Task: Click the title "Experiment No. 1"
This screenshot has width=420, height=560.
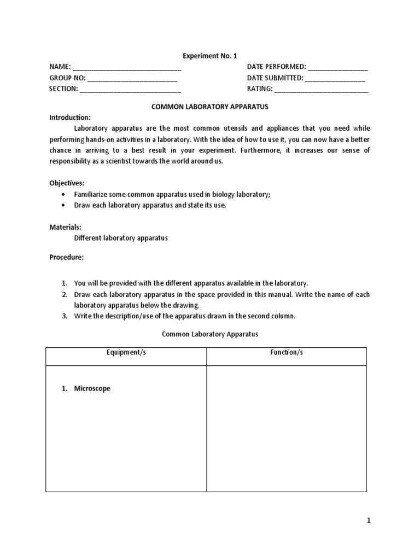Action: tap(209, 55)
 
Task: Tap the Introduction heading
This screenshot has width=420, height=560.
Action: tap(70, 117)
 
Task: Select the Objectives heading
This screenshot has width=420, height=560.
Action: tap(67, 183)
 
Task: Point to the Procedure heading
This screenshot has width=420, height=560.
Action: tap(66, 257)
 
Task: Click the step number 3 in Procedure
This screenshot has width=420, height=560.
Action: tap(63, 316)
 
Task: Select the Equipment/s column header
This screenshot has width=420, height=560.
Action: tap(126, 353)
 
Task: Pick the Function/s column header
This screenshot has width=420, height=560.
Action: tap(286, 353)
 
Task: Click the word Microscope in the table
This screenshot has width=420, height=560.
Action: tap(92, 389)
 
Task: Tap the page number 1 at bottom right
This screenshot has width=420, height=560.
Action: tap(369, 521)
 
